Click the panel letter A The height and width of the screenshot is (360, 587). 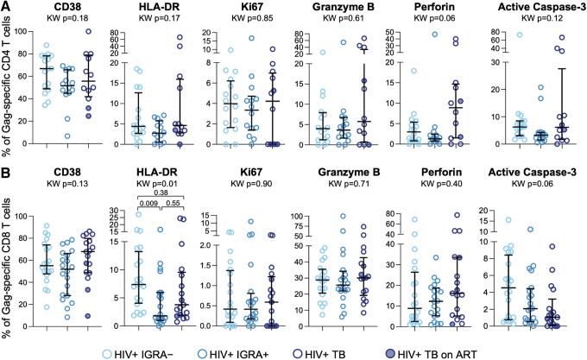[6, 7]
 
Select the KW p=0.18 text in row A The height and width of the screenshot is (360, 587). [58, 20]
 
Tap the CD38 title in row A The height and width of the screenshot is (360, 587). [58, 8]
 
